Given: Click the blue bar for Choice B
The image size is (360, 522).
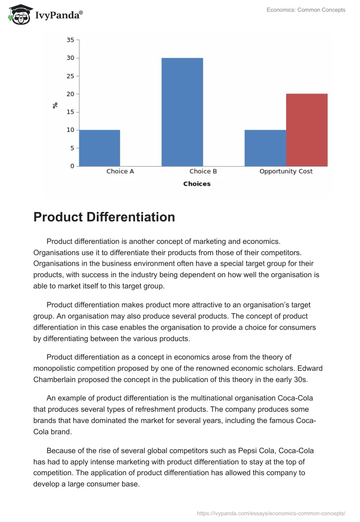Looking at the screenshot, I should [182, 112].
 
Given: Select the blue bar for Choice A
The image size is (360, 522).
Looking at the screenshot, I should [99, 148].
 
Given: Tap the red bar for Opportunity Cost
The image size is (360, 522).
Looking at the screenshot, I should [306, 130].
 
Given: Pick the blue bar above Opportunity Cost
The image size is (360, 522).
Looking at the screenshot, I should [265, 148].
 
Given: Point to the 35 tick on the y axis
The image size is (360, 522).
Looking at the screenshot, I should [70, 40].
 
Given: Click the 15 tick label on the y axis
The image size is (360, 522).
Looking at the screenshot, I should [70, 112].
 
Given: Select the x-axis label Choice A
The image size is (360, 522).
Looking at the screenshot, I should [120, 171].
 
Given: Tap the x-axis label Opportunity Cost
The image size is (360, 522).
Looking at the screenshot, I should [286, 171].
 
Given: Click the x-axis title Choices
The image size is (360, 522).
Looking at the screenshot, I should [197, 184].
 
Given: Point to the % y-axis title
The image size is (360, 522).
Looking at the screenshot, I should [55, 105].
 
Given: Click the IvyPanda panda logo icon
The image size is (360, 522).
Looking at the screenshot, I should [20, 14].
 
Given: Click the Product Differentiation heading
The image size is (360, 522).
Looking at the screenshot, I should [104, 217].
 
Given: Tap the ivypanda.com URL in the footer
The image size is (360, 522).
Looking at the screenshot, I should [271, 513].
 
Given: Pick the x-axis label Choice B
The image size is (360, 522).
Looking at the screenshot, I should [203, 171].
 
